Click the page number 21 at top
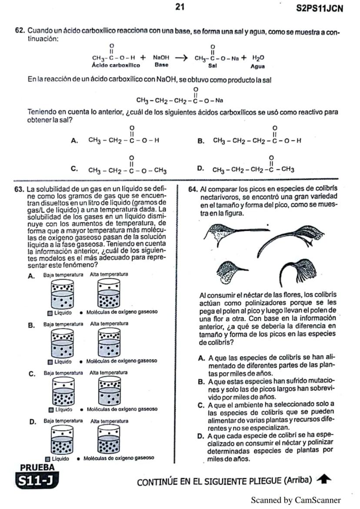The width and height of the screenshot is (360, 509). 180,7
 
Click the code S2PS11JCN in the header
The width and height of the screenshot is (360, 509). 319,9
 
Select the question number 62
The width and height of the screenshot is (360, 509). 20,32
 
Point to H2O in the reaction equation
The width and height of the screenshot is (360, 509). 258,57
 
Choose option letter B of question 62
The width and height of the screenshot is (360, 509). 201,140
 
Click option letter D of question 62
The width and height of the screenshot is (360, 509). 200,169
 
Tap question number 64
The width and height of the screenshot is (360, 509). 193,190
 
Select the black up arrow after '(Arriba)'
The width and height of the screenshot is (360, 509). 322,480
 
